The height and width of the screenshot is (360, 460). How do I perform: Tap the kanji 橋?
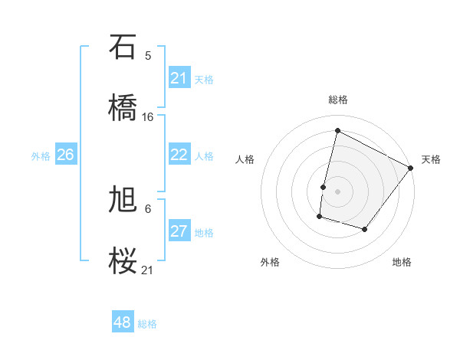coord(123,107)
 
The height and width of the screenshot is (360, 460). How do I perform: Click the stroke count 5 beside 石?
coord(148,55)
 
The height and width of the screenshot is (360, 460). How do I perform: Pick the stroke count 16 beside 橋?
coord(148,116)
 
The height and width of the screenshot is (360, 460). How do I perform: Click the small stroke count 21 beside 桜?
coord(148,270)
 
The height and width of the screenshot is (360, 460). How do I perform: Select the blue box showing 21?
coord(179,78)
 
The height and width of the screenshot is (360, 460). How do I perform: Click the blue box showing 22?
coord(179,155)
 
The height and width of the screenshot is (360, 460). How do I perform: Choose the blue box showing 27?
coord(179,231)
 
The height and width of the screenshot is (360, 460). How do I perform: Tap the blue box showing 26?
coord(66,155)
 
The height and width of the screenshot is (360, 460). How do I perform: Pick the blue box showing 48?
coord(123,322)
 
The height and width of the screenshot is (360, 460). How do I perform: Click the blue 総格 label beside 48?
coord(147,324)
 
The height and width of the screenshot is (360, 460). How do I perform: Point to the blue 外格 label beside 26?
coord(41,156)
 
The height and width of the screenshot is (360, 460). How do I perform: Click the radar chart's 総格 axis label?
coord(338,100)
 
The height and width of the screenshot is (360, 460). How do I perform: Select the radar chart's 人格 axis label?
coord(245,159)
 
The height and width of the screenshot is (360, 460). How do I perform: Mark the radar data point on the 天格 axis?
coord(411,168)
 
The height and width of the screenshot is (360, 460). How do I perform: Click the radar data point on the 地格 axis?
coord(365,229)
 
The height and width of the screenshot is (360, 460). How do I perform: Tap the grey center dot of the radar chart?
coord(338,191)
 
